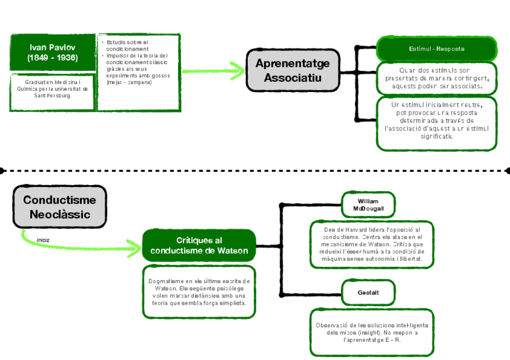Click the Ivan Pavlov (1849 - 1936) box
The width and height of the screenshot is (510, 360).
coord(53,52)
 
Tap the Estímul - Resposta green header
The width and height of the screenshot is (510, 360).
coord(437,48)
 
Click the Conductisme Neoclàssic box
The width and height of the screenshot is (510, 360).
coord(60,207)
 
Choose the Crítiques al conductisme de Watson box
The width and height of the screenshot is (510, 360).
coord(199,245)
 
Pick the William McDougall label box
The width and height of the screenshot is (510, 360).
coord(368,204)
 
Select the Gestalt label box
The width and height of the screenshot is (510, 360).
coord(368,292)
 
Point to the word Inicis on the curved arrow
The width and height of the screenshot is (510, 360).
coord(43,240)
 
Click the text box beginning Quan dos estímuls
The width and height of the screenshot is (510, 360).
coord(437,78)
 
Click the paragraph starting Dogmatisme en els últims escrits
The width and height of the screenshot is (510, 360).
coord(199,291)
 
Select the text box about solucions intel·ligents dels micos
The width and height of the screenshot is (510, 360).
coord(372,332)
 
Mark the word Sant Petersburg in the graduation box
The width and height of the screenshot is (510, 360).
coord(53,96)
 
